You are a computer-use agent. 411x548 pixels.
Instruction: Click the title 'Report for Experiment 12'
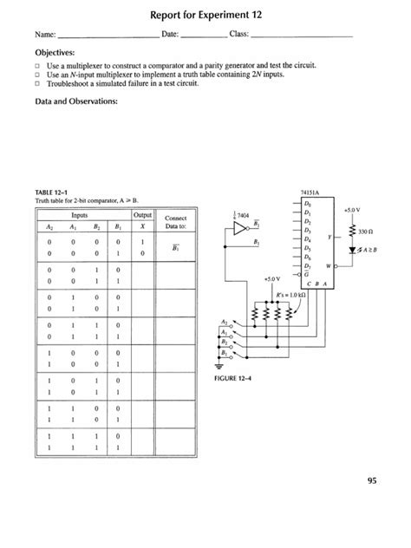click(205, 15)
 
